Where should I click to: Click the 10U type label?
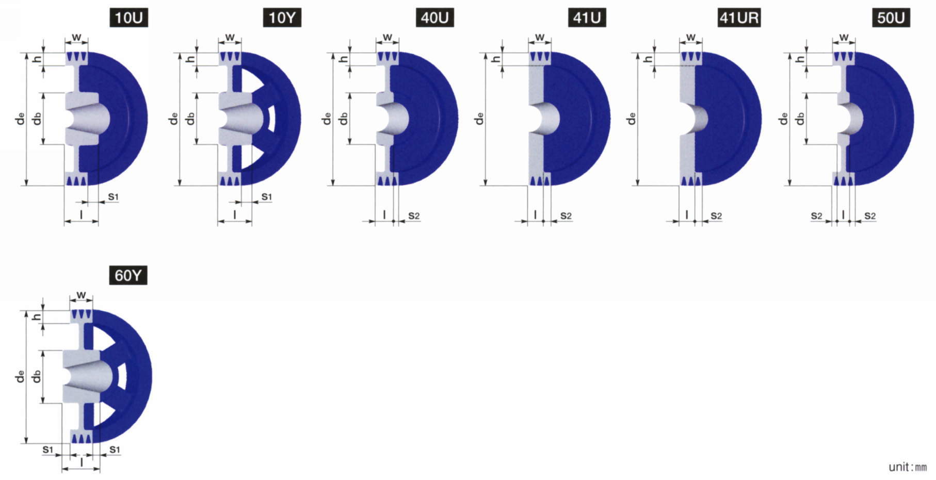[x=128, y=18]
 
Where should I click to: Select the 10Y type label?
[x=282, y=18]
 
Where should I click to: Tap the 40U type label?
[x=435, y=18]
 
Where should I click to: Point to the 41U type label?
[x=587, y=18]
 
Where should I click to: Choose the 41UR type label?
[x=739, y=18]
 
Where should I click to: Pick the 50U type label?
[x=891, y=18]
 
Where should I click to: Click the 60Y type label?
[x=128, y=275]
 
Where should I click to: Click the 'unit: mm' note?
[x=908, y=467]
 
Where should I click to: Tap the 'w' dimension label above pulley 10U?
[x=76, y=37]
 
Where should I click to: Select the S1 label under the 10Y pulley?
[x=266, y=196]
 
